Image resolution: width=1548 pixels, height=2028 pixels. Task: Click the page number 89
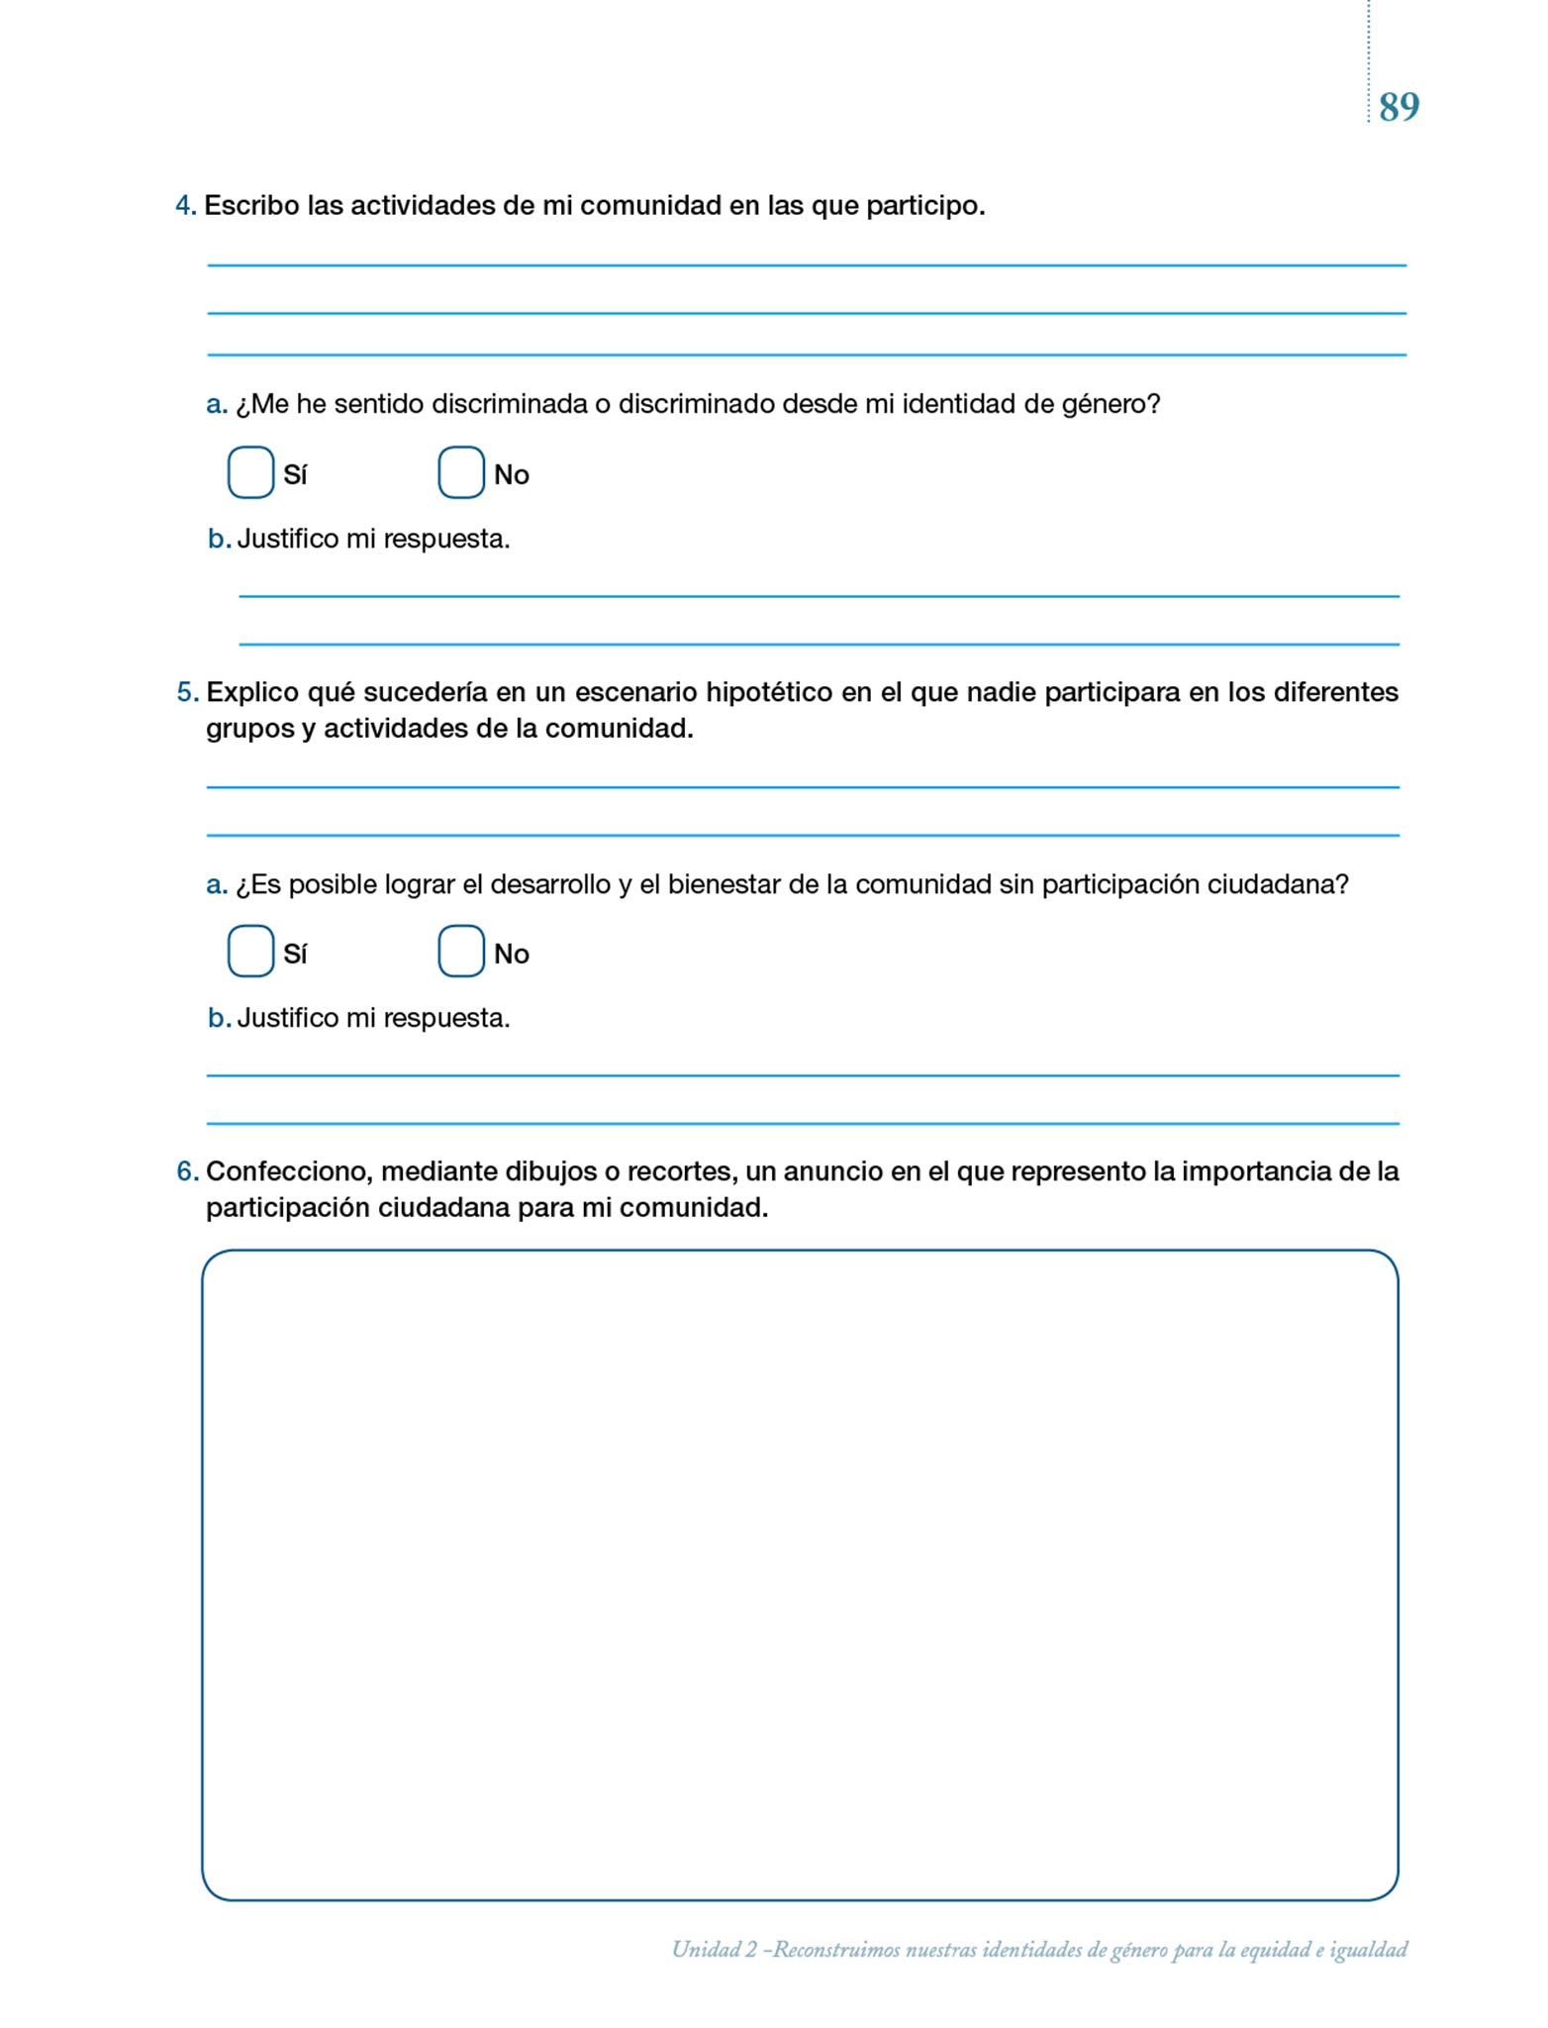1399,106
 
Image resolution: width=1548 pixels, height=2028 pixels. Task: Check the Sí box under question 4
250,472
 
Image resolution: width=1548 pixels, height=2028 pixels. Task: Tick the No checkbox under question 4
460,472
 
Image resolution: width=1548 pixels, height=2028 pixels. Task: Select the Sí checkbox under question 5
250,951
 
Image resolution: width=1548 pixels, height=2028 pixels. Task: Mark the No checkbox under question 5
460,951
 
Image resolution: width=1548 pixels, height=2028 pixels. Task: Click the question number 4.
185,206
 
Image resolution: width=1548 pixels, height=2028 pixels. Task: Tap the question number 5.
187,692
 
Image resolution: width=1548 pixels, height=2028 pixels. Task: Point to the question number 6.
187,1171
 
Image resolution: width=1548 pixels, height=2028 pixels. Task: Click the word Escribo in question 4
251,206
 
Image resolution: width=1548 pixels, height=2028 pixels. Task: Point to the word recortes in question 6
680,1171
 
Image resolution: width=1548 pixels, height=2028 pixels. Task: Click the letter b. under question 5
219,1018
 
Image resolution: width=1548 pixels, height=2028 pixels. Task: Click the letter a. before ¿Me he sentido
217,405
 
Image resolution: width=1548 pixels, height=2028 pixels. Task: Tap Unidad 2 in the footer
714,1950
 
